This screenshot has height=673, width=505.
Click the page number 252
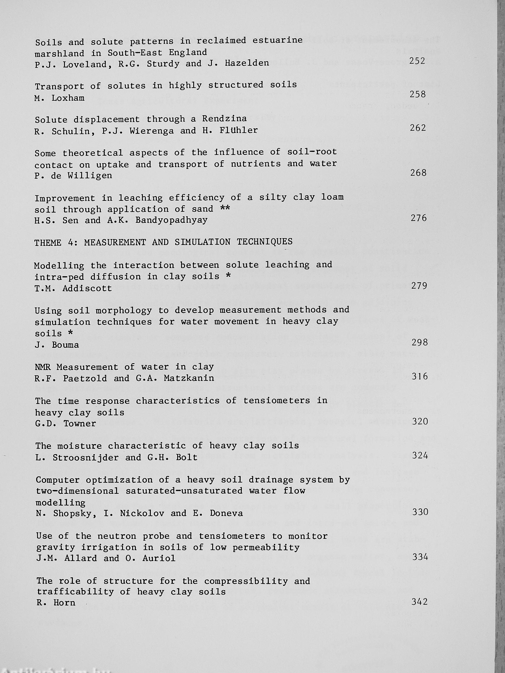417,61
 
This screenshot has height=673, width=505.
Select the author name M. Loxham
59,98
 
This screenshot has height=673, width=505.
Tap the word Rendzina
224,118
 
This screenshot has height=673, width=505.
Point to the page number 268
418,173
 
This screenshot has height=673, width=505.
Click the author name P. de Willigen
73,176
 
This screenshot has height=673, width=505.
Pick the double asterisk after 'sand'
225,209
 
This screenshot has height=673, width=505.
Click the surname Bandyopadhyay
171,220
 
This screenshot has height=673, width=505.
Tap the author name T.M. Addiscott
73,289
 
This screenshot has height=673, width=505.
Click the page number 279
419,286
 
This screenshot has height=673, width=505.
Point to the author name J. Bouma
57,345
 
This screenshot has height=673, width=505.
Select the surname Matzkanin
189,378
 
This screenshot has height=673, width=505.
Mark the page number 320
420,422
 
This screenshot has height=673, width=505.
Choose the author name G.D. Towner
65,424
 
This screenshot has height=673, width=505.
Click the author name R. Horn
56,603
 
